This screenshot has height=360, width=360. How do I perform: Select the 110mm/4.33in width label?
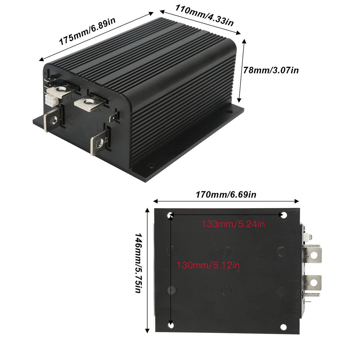pyautogui.click(x=201, y=16)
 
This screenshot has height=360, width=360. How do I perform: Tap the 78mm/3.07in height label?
pyautogui.click(x=271, y=70)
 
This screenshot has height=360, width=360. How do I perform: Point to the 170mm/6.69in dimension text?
pyautogui.click(x=226, y=194)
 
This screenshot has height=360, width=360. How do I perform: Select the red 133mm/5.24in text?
pyautogui.click(x=233, y=224)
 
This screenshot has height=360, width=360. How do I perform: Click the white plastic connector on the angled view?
pyautogui.click(x=50, y=100)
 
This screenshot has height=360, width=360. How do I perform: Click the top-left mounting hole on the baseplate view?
pyautogui.click(x=171, y=214)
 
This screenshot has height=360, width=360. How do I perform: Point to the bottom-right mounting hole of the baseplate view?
pyautogui.click(x=283, y=327)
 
